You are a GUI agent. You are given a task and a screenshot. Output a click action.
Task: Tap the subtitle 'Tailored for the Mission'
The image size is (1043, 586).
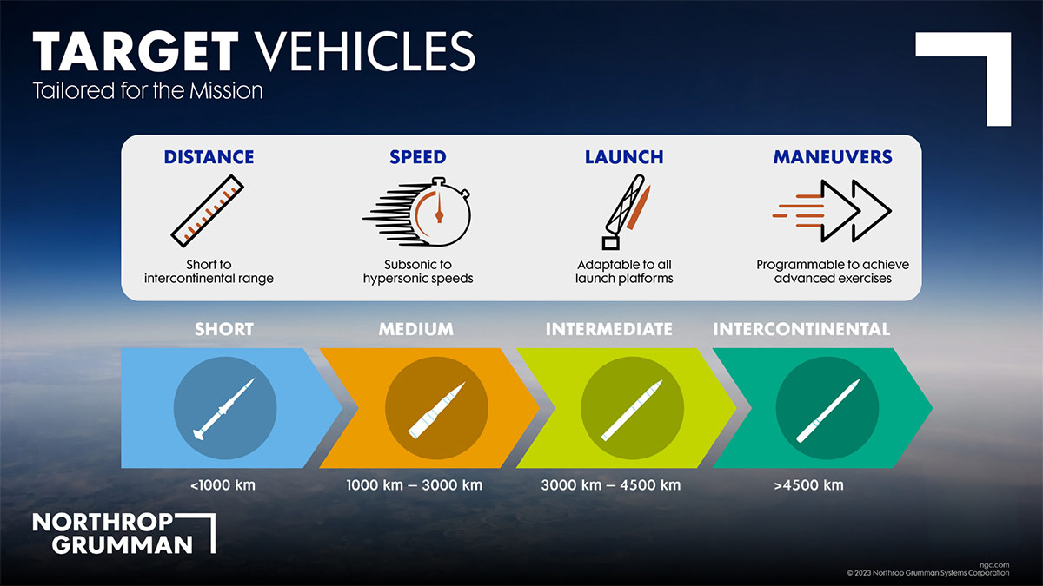pos(148,90)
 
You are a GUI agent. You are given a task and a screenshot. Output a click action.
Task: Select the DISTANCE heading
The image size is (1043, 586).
pos(209,157)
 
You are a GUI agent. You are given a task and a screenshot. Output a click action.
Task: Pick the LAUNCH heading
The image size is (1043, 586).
pos(624,157)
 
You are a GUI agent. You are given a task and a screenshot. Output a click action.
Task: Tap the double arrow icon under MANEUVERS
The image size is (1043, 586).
pos(832,211)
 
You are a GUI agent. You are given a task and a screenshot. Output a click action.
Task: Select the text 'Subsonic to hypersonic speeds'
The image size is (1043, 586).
pos(417,272)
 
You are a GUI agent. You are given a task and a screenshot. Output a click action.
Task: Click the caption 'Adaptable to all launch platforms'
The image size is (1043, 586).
pos(624,272)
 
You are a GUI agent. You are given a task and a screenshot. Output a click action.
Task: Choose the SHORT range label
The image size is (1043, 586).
pos(224,329)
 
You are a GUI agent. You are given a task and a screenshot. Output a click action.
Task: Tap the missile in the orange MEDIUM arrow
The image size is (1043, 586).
pos(436,408)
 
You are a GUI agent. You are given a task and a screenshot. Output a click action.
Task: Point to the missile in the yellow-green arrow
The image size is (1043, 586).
pos(633,407)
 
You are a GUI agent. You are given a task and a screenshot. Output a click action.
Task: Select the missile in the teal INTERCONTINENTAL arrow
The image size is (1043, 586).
pos(827,407)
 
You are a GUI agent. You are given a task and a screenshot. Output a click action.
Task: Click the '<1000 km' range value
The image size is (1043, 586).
pos(223,484)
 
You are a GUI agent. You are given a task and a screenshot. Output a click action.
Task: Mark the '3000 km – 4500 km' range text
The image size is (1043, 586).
pos(610,484)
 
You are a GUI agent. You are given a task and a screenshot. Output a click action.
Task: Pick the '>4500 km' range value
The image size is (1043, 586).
pos(808,484)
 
